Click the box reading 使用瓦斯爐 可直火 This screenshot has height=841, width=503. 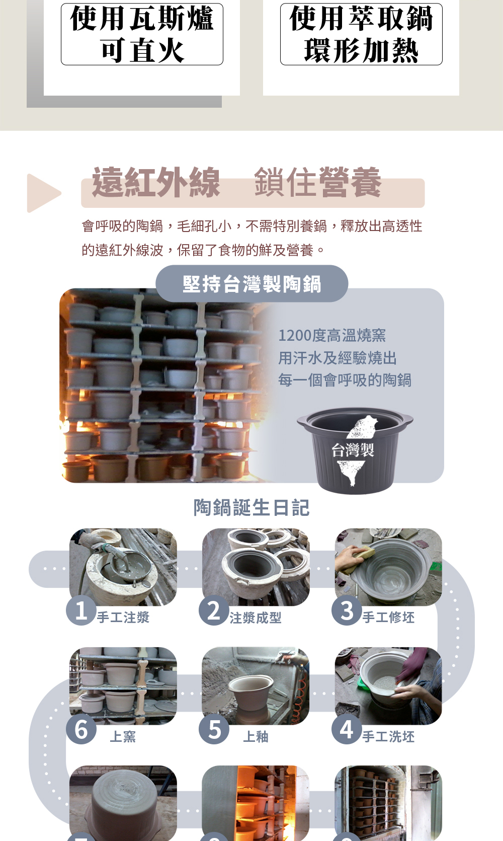point(142,34)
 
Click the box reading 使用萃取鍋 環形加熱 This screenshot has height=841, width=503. point(361,34)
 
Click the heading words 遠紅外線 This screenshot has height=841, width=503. point(155,183)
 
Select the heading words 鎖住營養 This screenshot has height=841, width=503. point(318,183)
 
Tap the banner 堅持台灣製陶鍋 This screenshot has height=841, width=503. point(251,283)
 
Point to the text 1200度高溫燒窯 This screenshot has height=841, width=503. point(332,335)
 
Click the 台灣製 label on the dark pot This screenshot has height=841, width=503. point(353,449)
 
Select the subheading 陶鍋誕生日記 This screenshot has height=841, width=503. point(251,508)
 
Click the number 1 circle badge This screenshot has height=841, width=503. point(81,610)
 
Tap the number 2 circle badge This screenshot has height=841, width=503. point(214,610)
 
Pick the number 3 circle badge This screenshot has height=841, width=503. point(347,610)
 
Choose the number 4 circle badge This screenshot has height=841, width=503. point(347,729)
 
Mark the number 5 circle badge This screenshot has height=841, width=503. point(214,729)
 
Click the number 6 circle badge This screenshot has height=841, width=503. point(81,729)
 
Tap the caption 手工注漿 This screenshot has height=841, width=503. point(123,617)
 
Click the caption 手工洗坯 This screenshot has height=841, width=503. point(388,737)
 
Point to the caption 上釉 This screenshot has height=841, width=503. point(256,737)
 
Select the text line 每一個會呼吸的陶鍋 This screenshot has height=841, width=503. point(345,380)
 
